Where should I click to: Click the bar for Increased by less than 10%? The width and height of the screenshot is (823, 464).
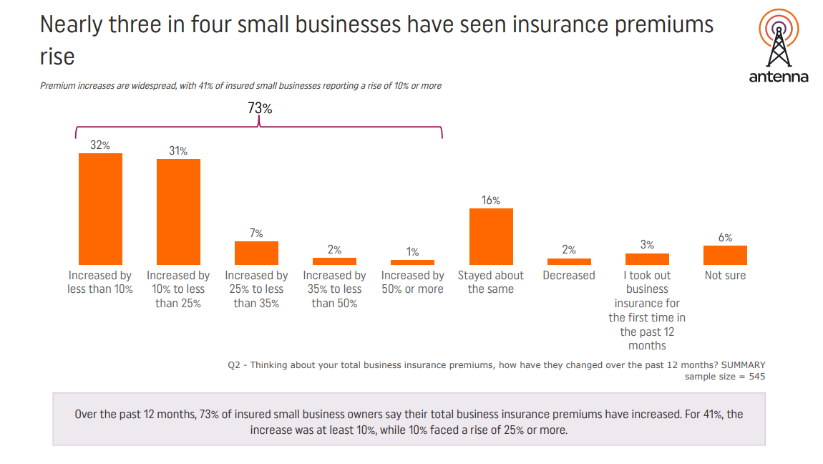100,209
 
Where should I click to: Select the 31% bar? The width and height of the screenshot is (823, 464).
178,212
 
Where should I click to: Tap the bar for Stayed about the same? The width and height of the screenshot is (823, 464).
491,237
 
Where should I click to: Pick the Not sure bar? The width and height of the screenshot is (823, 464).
725,255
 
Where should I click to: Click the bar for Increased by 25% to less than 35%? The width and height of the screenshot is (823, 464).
256,253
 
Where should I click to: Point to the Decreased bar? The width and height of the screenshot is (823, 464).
569,261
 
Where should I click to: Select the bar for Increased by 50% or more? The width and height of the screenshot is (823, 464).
412,263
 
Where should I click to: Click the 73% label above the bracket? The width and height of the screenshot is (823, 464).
260,108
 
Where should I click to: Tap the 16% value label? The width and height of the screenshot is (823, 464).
491,200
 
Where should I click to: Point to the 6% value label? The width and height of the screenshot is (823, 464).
726,238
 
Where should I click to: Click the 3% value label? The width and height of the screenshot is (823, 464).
647,245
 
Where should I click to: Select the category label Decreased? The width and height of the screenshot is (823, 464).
569,276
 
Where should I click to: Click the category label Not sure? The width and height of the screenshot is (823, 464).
726,276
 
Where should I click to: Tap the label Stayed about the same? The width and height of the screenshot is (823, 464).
491,282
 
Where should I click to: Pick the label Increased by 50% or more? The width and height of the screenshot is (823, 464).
412,282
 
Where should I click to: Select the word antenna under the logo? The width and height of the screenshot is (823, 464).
779,77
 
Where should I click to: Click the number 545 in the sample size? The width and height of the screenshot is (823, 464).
756,377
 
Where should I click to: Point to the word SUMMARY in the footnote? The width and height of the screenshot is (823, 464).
744,364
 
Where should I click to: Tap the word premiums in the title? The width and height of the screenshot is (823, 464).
664,25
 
